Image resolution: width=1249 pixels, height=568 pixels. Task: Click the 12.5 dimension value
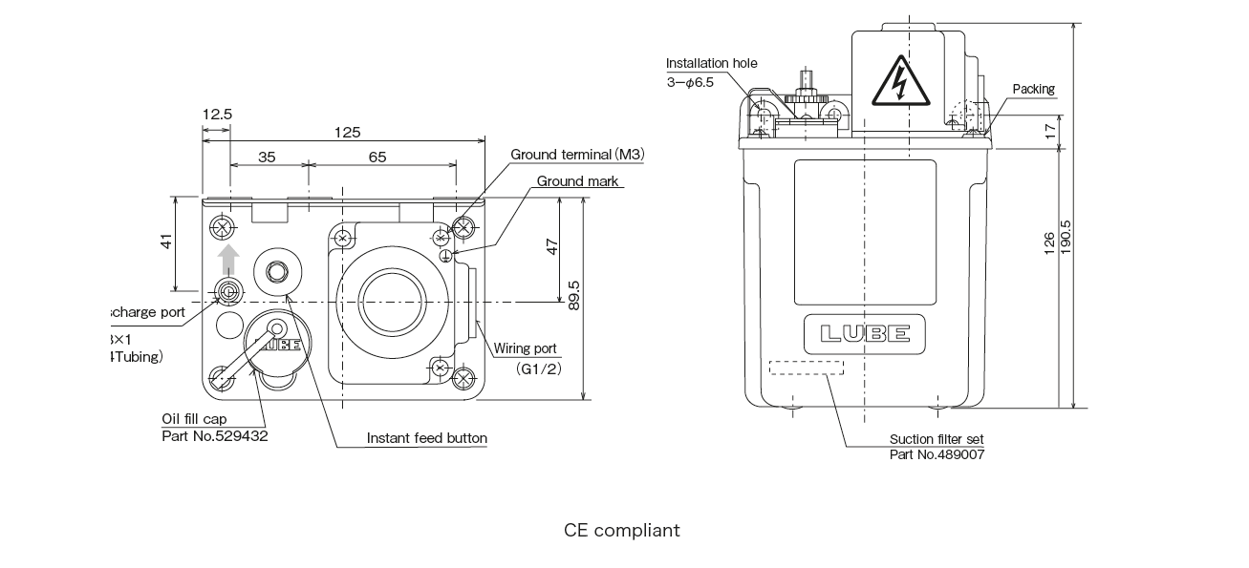tap(217, 114)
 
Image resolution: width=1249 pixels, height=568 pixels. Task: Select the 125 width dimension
tap(348, 132)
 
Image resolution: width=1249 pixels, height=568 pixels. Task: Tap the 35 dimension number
tap(267, 157)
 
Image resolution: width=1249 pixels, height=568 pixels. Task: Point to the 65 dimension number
tap(377, 157)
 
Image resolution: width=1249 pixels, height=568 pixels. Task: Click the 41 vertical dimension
tap(166, 243)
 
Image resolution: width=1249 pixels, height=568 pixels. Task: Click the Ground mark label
tap(577, 180)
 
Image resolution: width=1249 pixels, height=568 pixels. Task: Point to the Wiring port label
tap(525, 349)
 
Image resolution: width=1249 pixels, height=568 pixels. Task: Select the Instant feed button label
tap(427, 438)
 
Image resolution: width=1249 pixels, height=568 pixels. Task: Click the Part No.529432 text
tap(215, 435)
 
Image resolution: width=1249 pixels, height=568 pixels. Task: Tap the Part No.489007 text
tap(937, 454)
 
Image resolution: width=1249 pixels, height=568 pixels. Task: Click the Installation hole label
tap(711, 63)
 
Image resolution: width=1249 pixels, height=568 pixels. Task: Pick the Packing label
tap(1033, 89)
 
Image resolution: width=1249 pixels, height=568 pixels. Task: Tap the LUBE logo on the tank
tap(865, 334)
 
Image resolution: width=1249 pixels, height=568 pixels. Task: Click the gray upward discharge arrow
tap(227, 259)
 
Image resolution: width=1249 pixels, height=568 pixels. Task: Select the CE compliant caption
tap(622, 530)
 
